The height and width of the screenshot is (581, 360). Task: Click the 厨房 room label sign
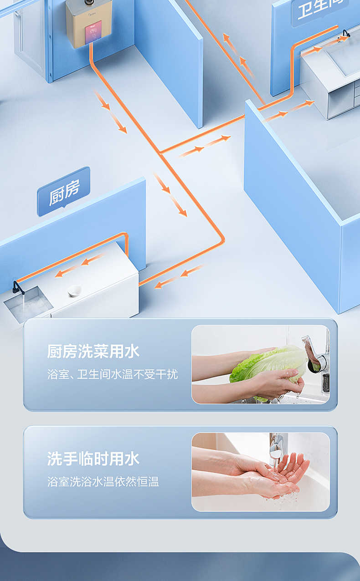point(64,191)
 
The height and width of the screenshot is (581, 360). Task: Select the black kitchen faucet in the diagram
point(17,287)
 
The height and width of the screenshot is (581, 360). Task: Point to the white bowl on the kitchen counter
point(74,290)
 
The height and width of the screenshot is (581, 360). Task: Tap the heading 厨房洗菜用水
point(93,352)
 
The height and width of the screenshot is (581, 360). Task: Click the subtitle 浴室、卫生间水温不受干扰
point(113,375)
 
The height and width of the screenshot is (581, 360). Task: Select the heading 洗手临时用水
point(93,459)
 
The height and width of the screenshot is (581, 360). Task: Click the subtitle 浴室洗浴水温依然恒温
point(103,482)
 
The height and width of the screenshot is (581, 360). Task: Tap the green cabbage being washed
point(267,364)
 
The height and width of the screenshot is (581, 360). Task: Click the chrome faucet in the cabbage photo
point(317,355)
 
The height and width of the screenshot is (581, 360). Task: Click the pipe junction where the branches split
point(160,153)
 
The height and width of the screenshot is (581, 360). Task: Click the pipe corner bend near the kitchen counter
point(222,239)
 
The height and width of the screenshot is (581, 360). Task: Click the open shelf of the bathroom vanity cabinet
point(339,98)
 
